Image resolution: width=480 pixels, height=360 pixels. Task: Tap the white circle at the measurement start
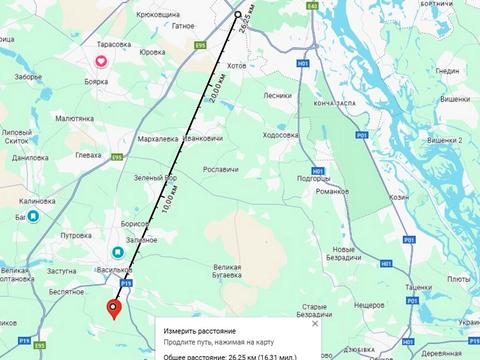point(238,15)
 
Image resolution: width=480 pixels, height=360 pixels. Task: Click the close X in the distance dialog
point(315,324)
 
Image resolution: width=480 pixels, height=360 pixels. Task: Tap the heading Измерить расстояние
point(201,329)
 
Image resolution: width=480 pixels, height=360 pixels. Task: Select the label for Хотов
point(236,65)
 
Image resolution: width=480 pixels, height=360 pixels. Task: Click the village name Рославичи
point(222,170)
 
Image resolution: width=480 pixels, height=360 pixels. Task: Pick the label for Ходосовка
point(280,135)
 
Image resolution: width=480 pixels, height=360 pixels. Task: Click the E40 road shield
point(313,6)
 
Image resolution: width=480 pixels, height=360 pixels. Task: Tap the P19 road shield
point(126,284)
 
